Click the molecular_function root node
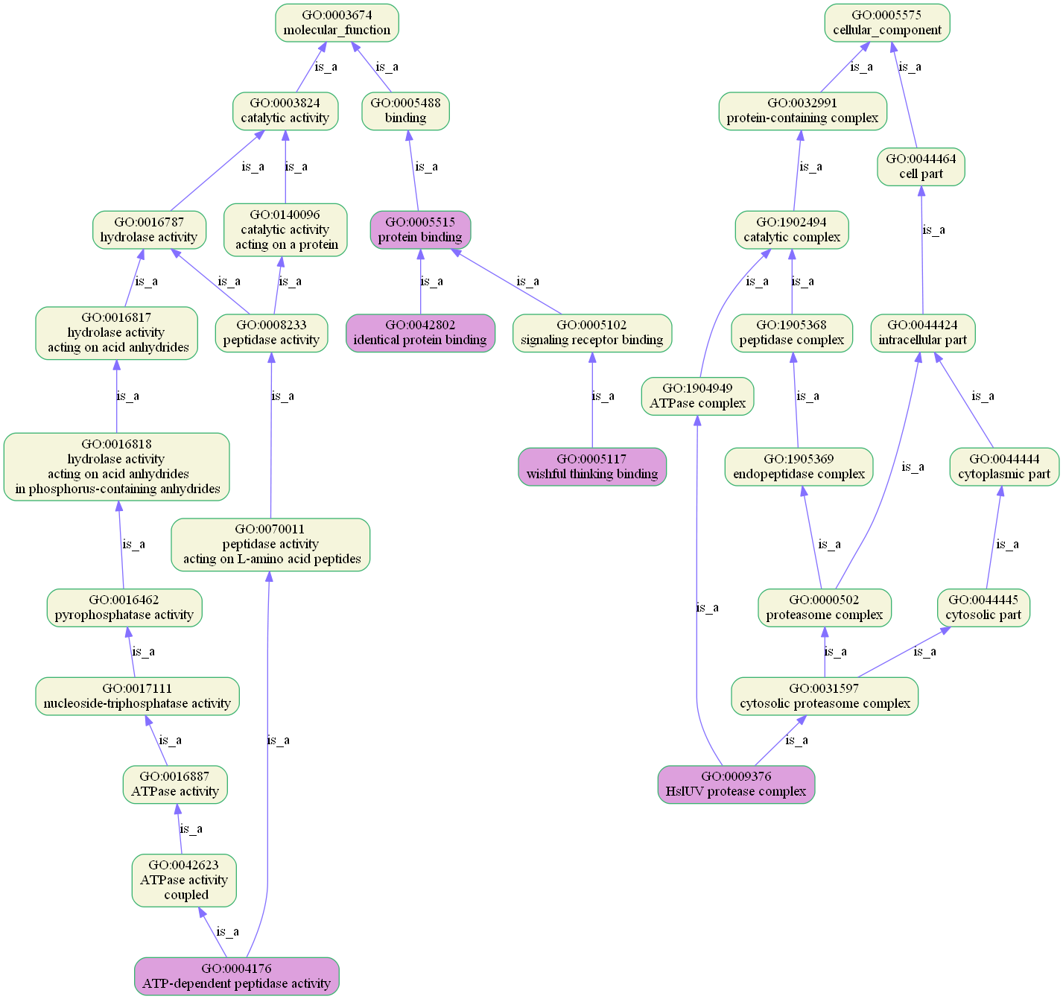(337, 23)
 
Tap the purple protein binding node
(420, 229)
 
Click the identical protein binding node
(420, 333)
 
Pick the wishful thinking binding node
(592, 466)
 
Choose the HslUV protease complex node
(736, 784)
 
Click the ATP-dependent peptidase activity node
(236, 976)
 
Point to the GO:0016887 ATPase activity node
(175, 784)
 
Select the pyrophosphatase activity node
(124, 607)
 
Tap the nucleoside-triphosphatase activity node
(137, 696)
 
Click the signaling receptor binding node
(592, 333)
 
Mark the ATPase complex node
(697, 396)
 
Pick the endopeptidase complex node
(799, 466)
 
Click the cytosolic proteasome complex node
(825, 696)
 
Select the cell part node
(921, 167)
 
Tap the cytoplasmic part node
(1004, 466)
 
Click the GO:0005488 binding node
(405, 111)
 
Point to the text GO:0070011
(270, 530)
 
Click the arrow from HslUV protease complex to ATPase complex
(696, 596)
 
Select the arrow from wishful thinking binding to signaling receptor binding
(592, 402)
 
